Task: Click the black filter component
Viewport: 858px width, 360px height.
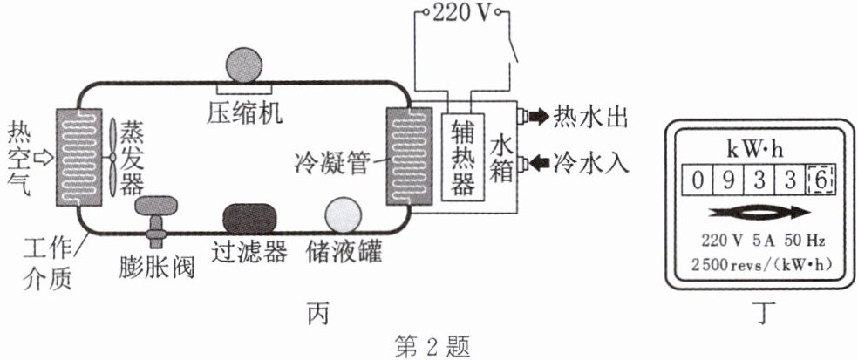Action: coord(250,219)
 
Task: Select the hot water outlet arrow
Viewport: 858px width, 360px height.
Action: coord(536,114)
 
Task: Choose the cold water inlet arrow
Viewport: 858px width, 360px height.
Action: coord(536,161)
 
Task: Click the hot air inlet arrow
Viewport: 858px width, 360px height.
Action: coord(44,158)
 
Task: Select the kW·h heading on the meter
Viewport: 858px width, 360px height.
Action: coord(757,146)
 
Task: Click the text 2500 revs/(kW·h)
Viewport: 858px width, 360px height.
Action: coord(757,262)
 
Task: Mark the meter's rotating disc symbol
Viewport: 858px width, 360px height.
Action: coord(757,213)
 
